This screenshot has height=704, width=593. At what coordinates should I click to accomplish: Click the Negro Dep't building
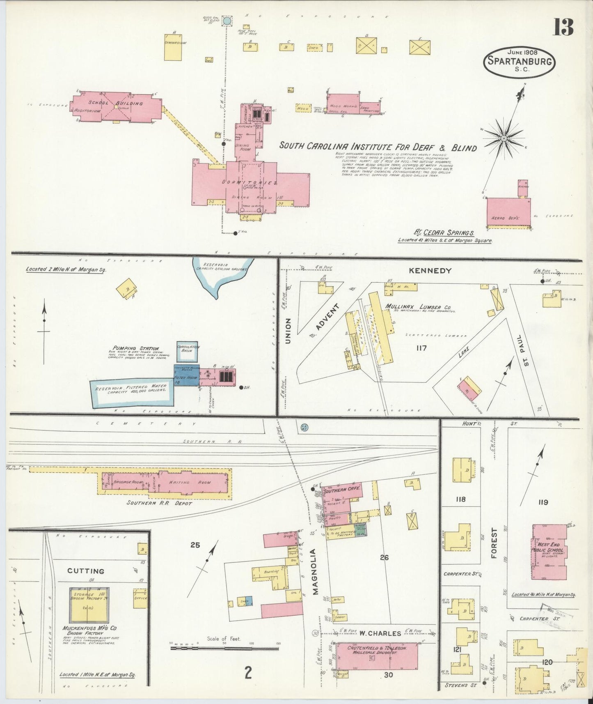click(508, 212)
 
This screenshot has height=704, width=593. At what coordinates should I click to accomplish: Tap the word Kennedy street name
click(430, 271)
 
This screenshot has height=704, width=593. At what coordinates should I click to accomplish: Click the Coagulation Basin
click(187, 352)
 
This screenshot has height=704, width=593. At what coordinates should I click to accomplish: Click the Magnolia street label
click(315, 572)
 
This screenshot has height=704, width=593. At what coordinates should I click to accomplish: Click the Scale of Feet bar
click(224, 648)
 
